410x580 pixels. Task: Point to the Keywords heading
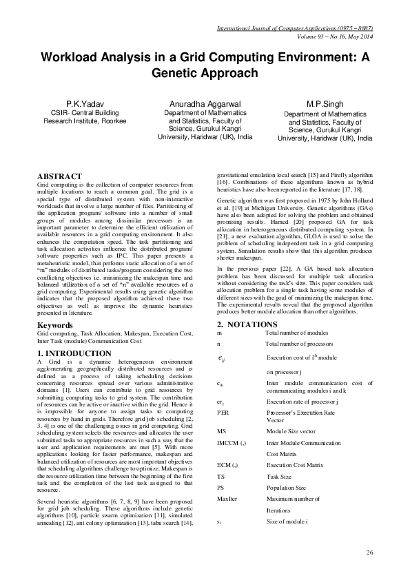[x=55, y=324]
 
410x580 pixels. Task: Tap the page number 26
[x=369, y=552]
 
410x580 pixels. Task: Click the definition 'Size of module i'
[x=289, y=523]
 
